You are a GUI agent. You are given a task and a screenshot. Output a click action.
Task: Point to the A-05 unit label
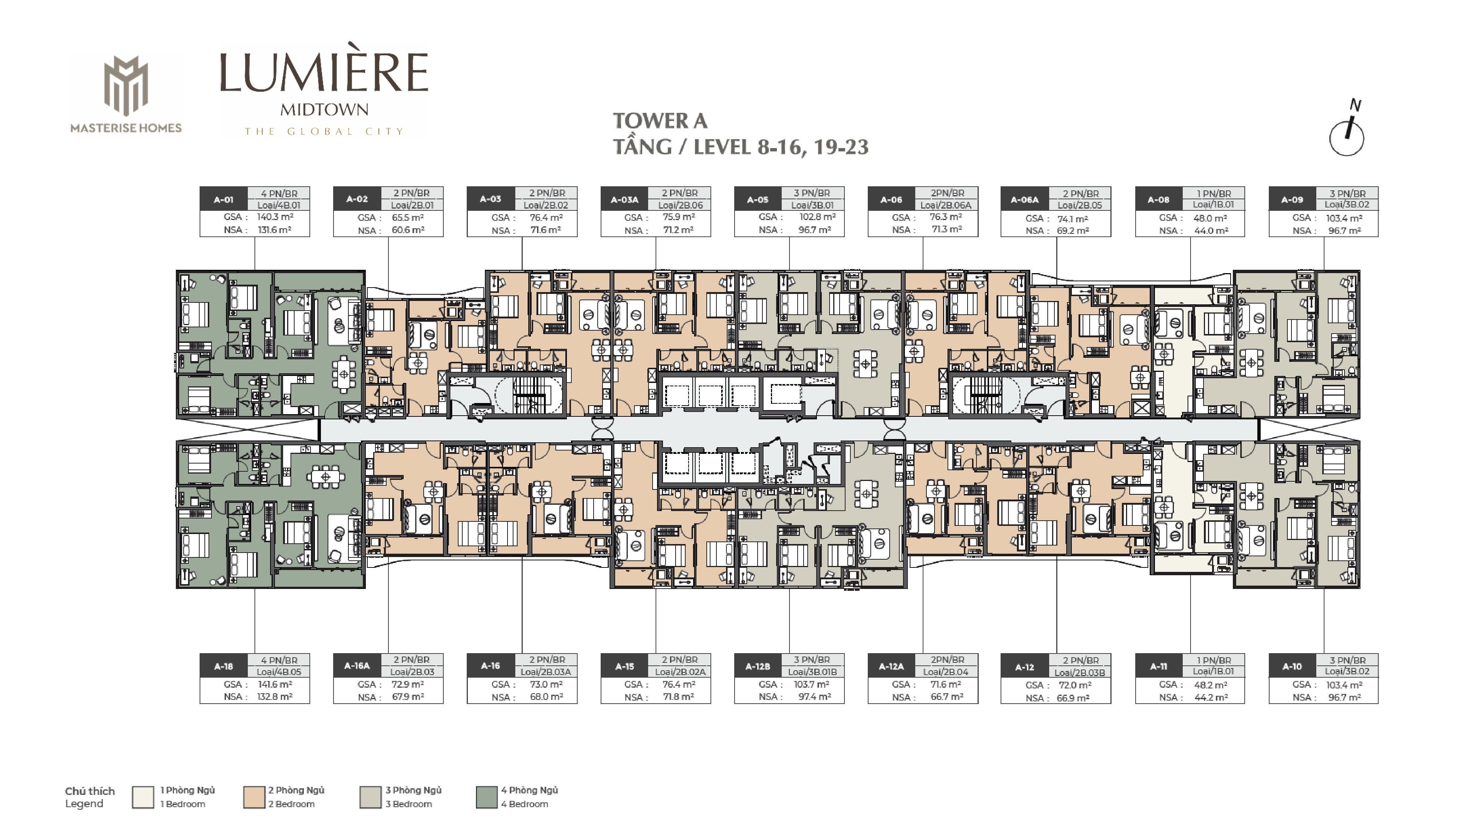click(758, 199)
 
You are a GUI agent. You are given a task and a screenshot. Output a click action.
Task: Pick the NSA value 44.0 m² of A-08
click(1211, 230)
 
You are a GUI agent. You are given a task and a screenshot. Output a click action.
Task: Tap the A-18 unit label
click(223, 666)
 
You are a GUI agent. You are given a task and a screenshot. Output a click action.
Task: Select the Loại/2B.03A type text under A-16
click(545, 672)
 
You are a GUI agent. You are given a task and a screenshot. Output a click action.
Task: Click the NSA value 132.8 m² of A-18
click(275, 697)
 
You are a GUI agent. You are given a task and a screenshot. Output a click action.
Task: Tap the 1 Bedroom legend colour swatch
click(143, 797)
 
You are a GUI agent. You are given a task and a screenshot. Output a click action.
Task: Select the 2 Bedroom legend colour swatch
click(254, 797)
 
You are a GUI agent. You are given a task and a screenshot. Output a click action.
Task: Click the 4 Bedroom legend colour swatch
click(487, 797)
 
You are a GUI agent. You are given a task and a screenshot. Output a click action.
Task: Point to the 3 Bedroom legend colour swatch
click(370, 797)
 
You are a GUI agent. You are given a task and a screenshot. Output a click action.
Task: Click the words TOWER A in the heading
click(660, 121)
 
